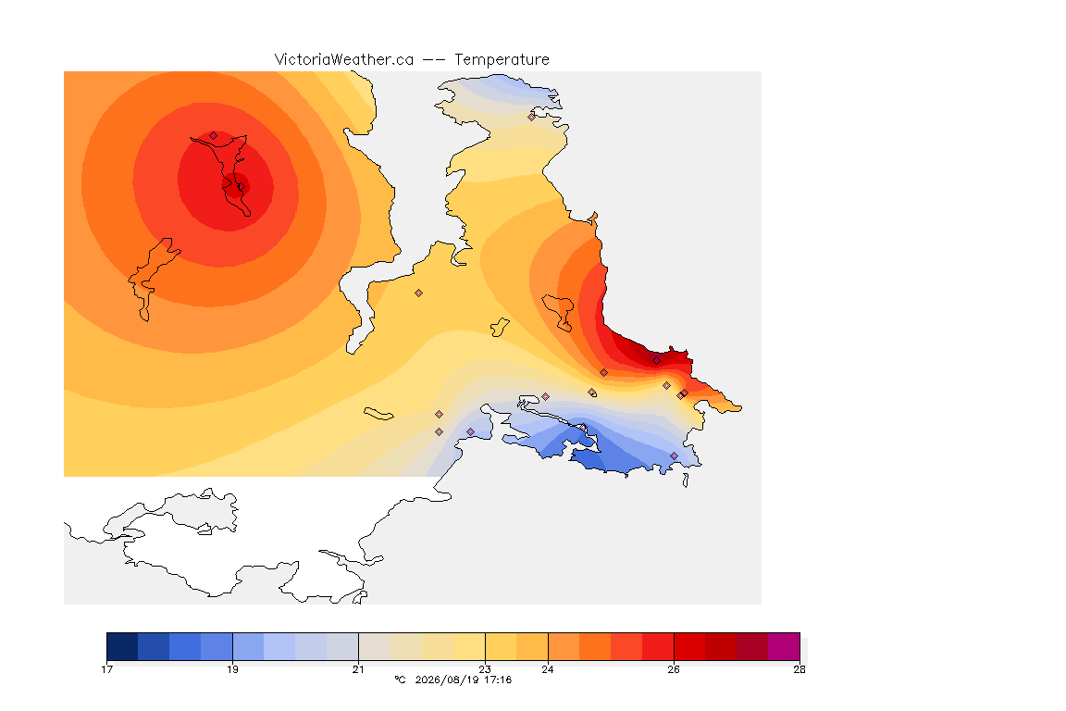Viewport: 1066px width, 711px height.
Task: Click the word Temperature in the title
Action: pos(502,60)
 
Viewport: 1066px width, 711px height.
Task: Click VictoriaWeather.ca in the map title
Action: pos(344,60)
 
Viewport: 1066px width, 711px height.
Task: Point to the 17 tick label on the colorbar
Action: pos(106,669)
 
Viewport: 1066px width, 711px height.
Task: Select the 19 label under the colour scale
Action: pos(232,669)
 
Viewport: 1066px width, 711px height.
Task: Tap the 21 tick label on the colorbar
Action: pos(358,669)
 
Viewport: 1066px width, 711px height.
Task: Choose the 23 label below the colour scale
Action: pos(485,669)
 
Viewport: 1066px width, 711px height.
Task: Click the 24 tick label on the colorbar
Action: pos(547,669)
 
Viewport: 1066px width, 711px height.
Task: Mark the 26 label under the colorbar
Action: pos(674,669)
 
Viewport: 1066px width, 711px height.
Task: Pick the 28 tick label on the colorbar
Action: pos(799,669)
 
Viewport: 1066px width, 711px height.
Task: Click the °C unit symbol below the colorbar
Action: pos(400,680)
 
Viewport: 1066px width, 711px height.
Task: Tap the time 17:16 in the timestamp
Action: pos(498,680)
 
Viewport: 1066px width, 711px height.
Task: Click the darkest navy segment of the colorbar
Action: pos(122,646)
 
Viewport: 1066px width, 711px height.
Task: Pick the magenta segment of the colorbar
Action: pos(784,646)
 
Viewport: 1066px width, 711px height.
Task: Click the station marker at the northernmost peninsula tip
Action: pos(532,117)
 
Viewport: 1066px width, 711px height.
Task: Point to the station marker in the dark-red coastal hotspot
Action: pos(656,361)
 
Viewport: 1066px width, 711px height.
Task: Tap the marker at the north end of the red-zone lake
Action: pos(214,135)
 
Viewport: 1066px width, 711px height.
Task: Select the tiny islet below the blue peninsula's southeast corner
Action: pos(686,480)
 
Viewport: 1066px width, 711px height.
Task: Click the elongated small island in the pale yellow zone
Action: pos(378,414)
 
